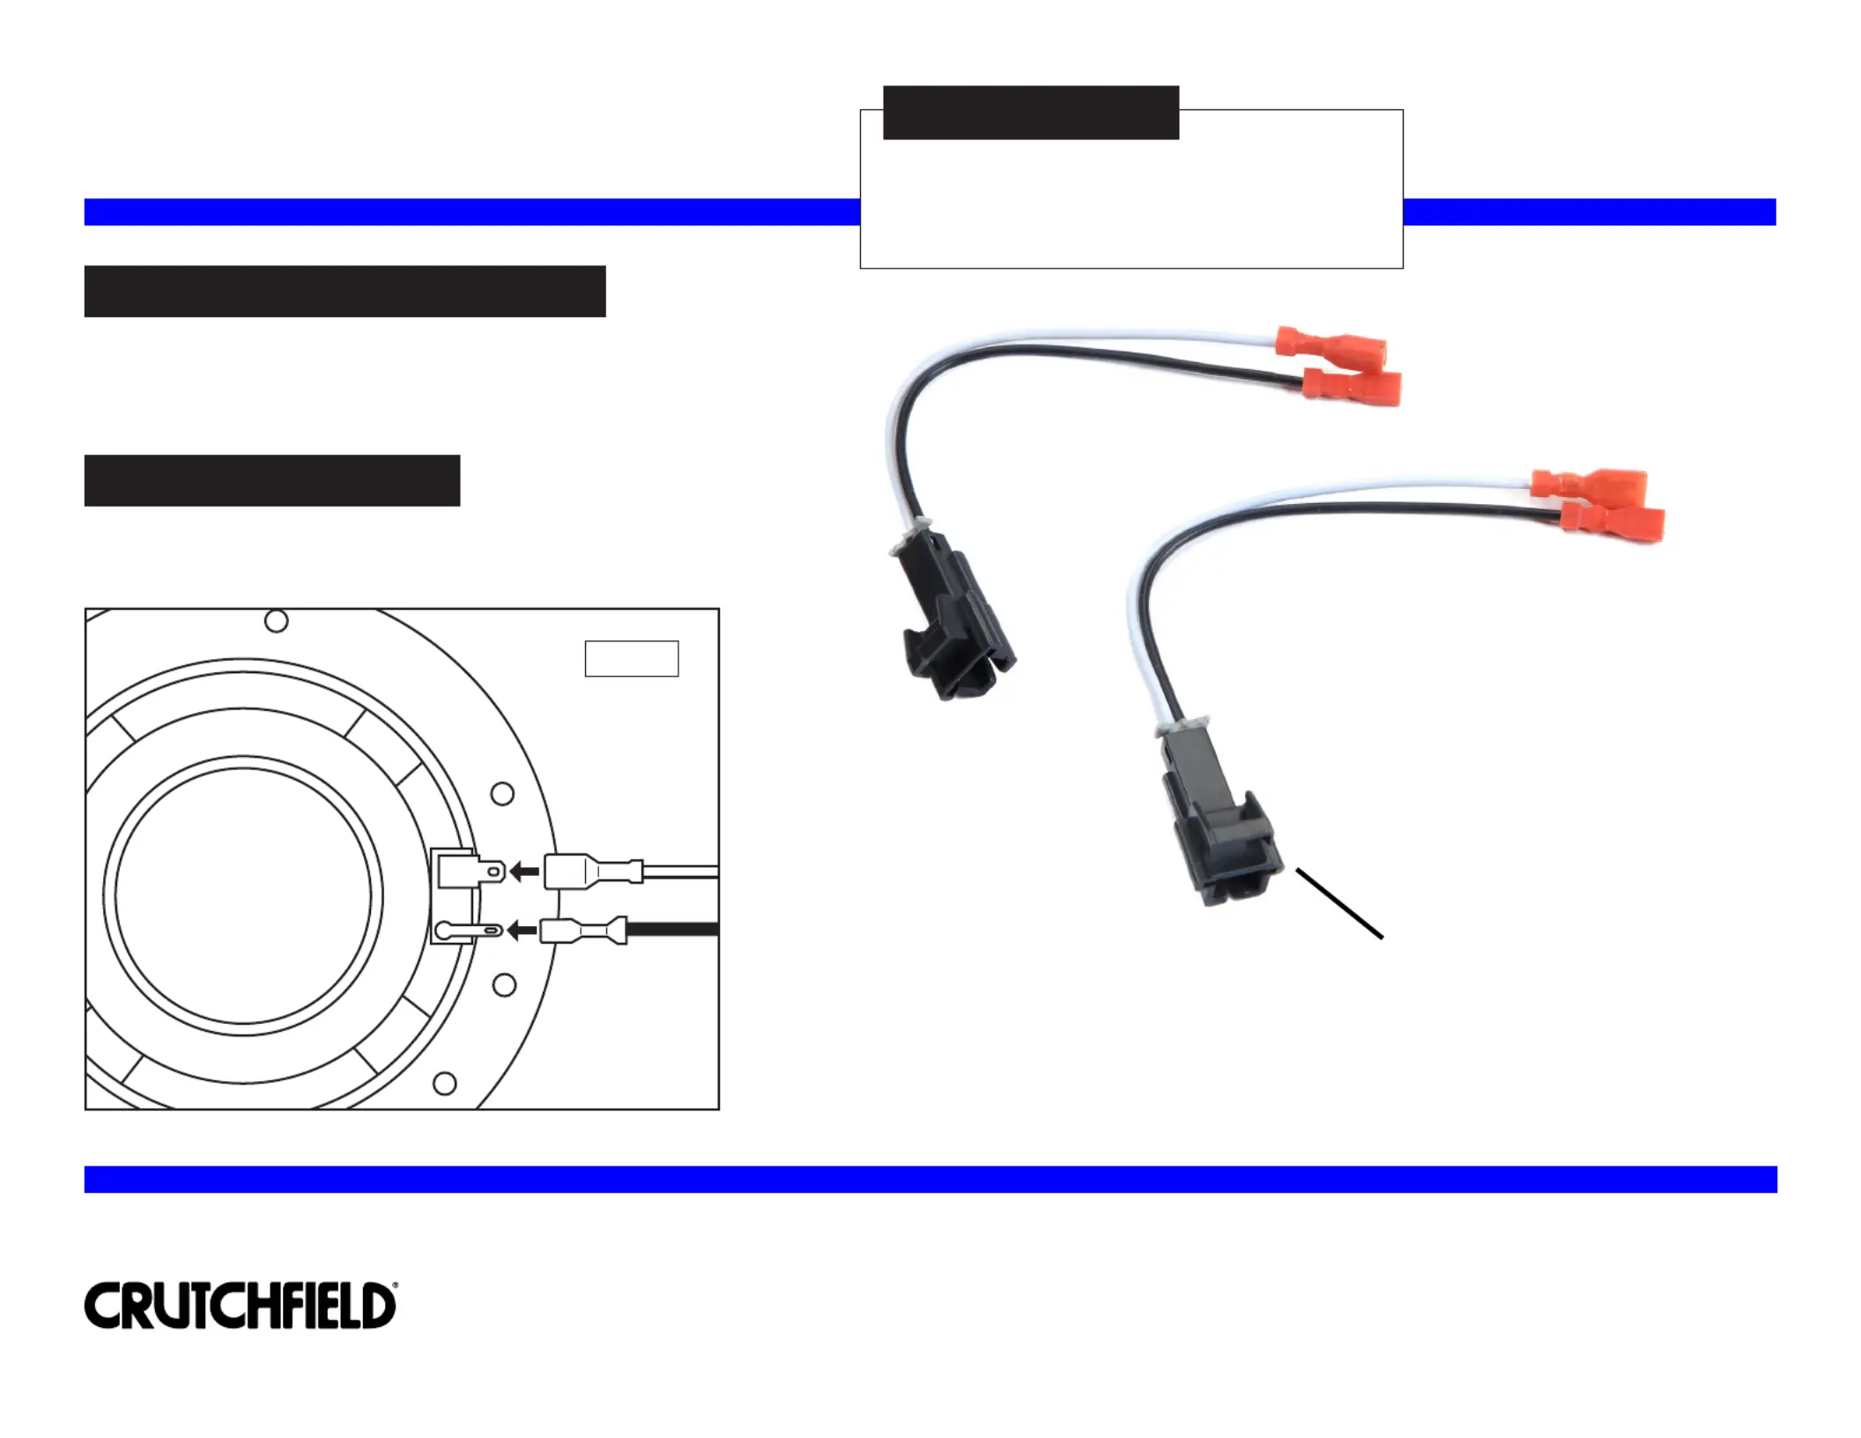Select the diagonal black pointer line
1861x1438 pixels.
point(1338,904)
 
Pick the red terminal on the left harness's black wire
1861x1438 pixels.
point(1353,386)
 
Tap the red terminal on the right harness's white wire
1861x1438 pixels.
point(1588,484)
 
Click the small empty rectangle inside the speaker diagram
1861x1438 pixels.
point(631,658)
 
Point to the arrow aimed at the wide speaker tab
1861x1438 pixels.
point(525,871)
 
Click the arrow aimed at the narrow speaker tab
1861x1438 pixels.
point(523,930)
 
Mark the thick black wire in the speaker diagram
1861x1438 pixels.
point(674,930)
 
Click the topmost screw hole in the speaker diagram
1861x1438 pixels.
point(276,621)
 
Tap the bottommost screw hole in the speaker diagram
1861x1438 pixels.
point(445,1083)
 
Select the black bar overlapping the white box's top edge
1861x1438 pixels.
point(1030,113)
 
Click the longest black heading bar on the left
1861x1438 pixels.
point(345,291)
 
